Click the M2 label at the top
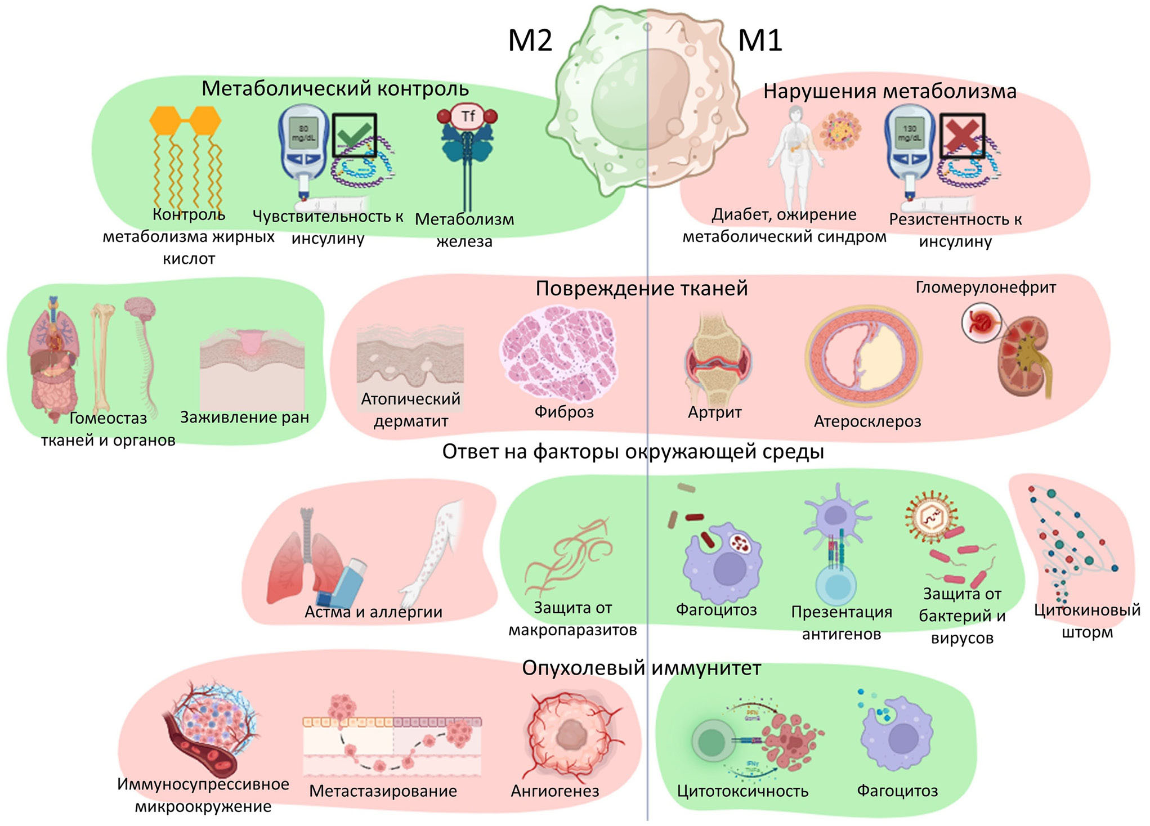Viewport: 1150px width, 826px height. [x=530, y=41]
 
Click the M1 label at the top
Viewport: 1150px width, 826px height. [x=760, y=41]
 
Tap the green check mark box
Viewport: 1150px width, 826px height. [x=354, y=136]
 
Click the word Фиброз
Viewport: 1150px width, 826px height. [x=564, y=412]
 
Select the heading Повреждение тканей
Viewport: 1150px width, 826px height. [x=641, y=289]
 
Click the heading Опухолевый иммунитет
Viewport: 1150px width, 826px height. [x=641, y=668]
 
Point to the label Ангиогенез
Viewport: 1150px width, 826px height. [x=554, y=791]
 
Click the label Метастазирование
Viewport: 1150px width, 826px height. [x=383, y=791]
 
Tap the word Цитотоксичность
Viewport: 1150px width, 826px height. [x=742, y=791]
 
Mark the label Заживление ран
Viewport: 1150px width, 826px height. [x=244, y=418]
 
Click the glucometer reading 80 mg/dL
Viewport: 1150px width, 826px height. [x=303, y=133]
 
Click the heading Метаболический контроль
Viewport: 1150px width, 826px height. [x=335, y=89]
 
